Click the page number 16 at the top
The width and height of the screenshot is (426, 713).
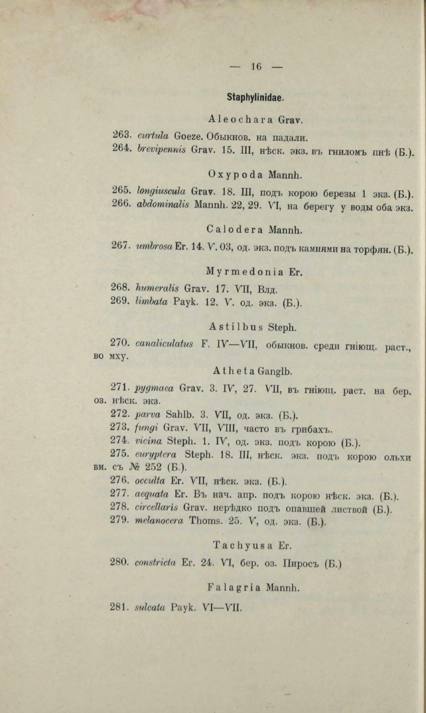pyautogui.click(x=256, y=67)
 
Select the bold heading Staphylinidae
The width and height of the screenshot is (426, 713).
pyautogui.click(x=255, y=97)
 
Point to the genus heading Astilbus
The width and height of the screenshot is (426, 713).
pyautogui.click(x=229, y=326)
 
